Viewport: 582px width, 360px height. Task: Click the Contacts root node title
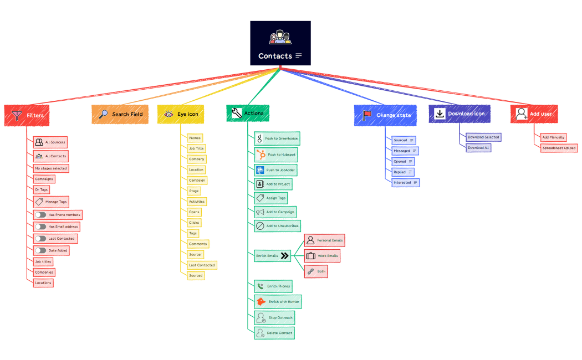click(x=275, y=56)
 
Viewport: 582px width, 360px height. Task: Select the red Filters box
click(x=27, y=115)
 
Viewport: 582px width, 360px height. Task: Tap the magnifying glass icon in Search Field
click(x=103, y=114)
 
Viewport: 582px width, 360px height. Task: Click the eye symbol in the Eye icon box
click(x=168, y=114)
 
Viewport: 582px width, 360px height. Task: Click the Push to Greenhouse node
click(x=277, y=138)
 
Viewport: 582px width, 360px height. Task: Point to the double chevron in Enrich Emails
click(x=285, y=256)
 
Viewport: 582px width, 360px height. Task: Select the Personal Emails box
click(x=325, y=240)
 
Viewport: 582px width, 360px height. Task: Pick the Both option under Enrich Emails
click(x=316, y=271)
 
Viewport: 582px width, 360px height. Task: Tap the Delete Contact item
click(x=274, y=333)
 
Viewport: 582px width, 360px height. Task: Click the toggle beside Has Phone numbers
click(x=40, y=215)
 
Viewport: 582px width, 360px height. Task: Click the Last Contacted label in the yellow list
click(x=202, y=265)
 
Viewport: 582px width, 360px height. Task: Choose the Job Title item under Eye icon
click(x=196, y=148)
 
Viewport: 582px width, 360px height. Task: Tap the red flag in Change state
click(x=366, y=115)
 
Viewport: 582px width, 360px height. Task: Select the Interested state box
click(x=406, y=182)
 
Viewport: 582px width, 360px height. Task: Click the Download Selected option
click(x=483, y=137)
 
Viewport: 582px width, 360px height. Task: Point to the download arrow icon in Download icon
click(x=440, y=114)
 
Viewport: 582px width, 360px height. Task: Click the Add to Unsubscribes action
click(x=278, y=226)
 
